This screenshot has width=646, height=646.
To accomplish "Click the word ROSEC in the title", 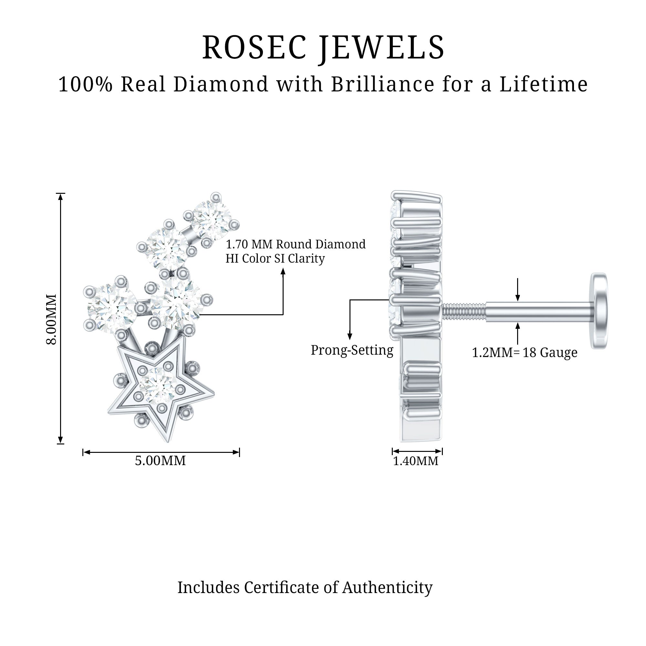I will [254, 48].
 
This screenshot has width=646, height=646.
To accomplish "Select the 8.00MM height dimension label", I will [51, 319].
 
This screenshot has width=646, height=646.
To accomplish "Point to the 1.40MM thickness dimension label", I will [415, 461].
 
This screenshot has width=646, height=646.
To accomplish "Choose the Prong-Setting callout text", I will [352, 350].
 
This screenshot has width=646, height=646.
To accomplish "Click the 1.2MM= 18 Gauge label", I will [524, 353].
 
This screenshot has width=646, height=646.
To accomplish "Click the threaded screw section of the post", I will [464, 311].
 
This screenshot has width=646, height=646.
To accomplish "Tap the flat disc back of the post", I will [600, 311].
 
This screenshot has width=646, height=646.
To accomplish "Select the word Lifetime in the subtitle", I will [544, 84].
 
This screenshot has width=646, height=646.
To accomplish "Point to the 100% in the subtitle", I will [85, 84].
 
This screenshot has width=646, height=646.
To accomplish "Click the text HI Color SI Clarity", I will [275, 258].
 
